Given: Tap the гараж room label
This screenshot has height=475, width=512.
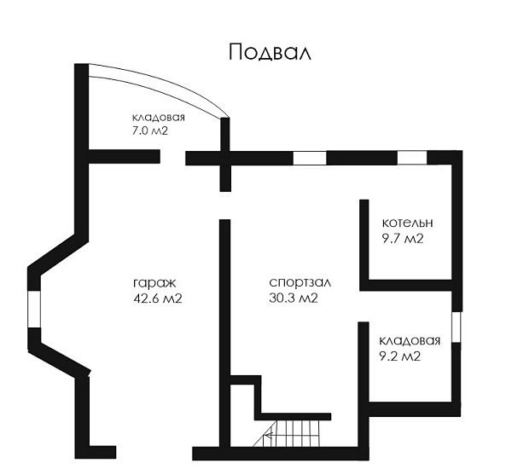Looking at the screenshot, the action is click(x=154, y=283).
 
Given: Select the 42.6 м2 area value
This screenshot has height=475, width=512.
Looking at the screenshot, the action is click(x=158, y=298).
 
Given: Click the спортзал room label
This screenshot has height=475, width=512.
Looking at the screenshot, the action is click(x=300, y=282).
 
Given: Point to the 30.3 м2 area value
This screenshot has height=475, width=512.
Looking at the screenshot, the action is click(x=294, y=298).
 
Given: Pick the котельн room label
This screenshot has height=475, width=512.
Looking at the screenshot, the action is click(x=408, y=223).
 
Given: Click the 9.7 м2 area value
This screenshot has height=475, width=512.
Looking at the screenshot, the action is click(x=403, y=239).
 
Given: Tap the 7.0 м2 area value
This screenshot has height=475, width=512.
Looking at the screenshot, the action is click(x=148, y=130).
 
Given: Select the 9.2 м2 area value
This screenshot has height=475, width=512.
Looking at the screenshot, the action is click(x=399, y=356).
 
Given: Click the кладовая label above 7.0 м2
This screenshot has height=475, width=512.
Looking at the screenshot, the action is click(x=159, y=118).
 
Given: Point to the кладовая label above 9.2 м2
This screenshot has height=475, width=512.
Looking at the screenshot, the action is click(x=410, y=341).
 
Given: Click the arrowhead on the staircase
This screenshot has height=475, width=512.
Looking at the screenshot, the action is click(x=268, y=436).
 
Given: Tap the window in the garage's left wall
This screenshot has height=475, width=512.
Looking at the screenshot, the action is click(x=34, y=309).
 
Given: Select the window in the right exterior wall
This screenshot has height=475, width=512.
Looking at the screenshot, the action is click(x=457, y=327).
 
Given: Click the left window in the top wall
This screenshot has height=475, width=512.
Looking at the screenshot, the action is click(x=310, y=159).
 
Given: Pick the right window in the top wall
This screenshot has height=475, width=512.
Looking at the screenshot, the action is click(x=412, y=158).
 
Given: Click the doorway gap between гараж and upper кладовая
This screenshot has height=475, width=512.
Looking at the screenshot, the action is click(x=172, y=157).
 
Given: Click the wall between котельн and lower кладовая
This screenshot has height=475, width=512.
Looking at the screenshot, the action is click(x=406, y=285).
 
